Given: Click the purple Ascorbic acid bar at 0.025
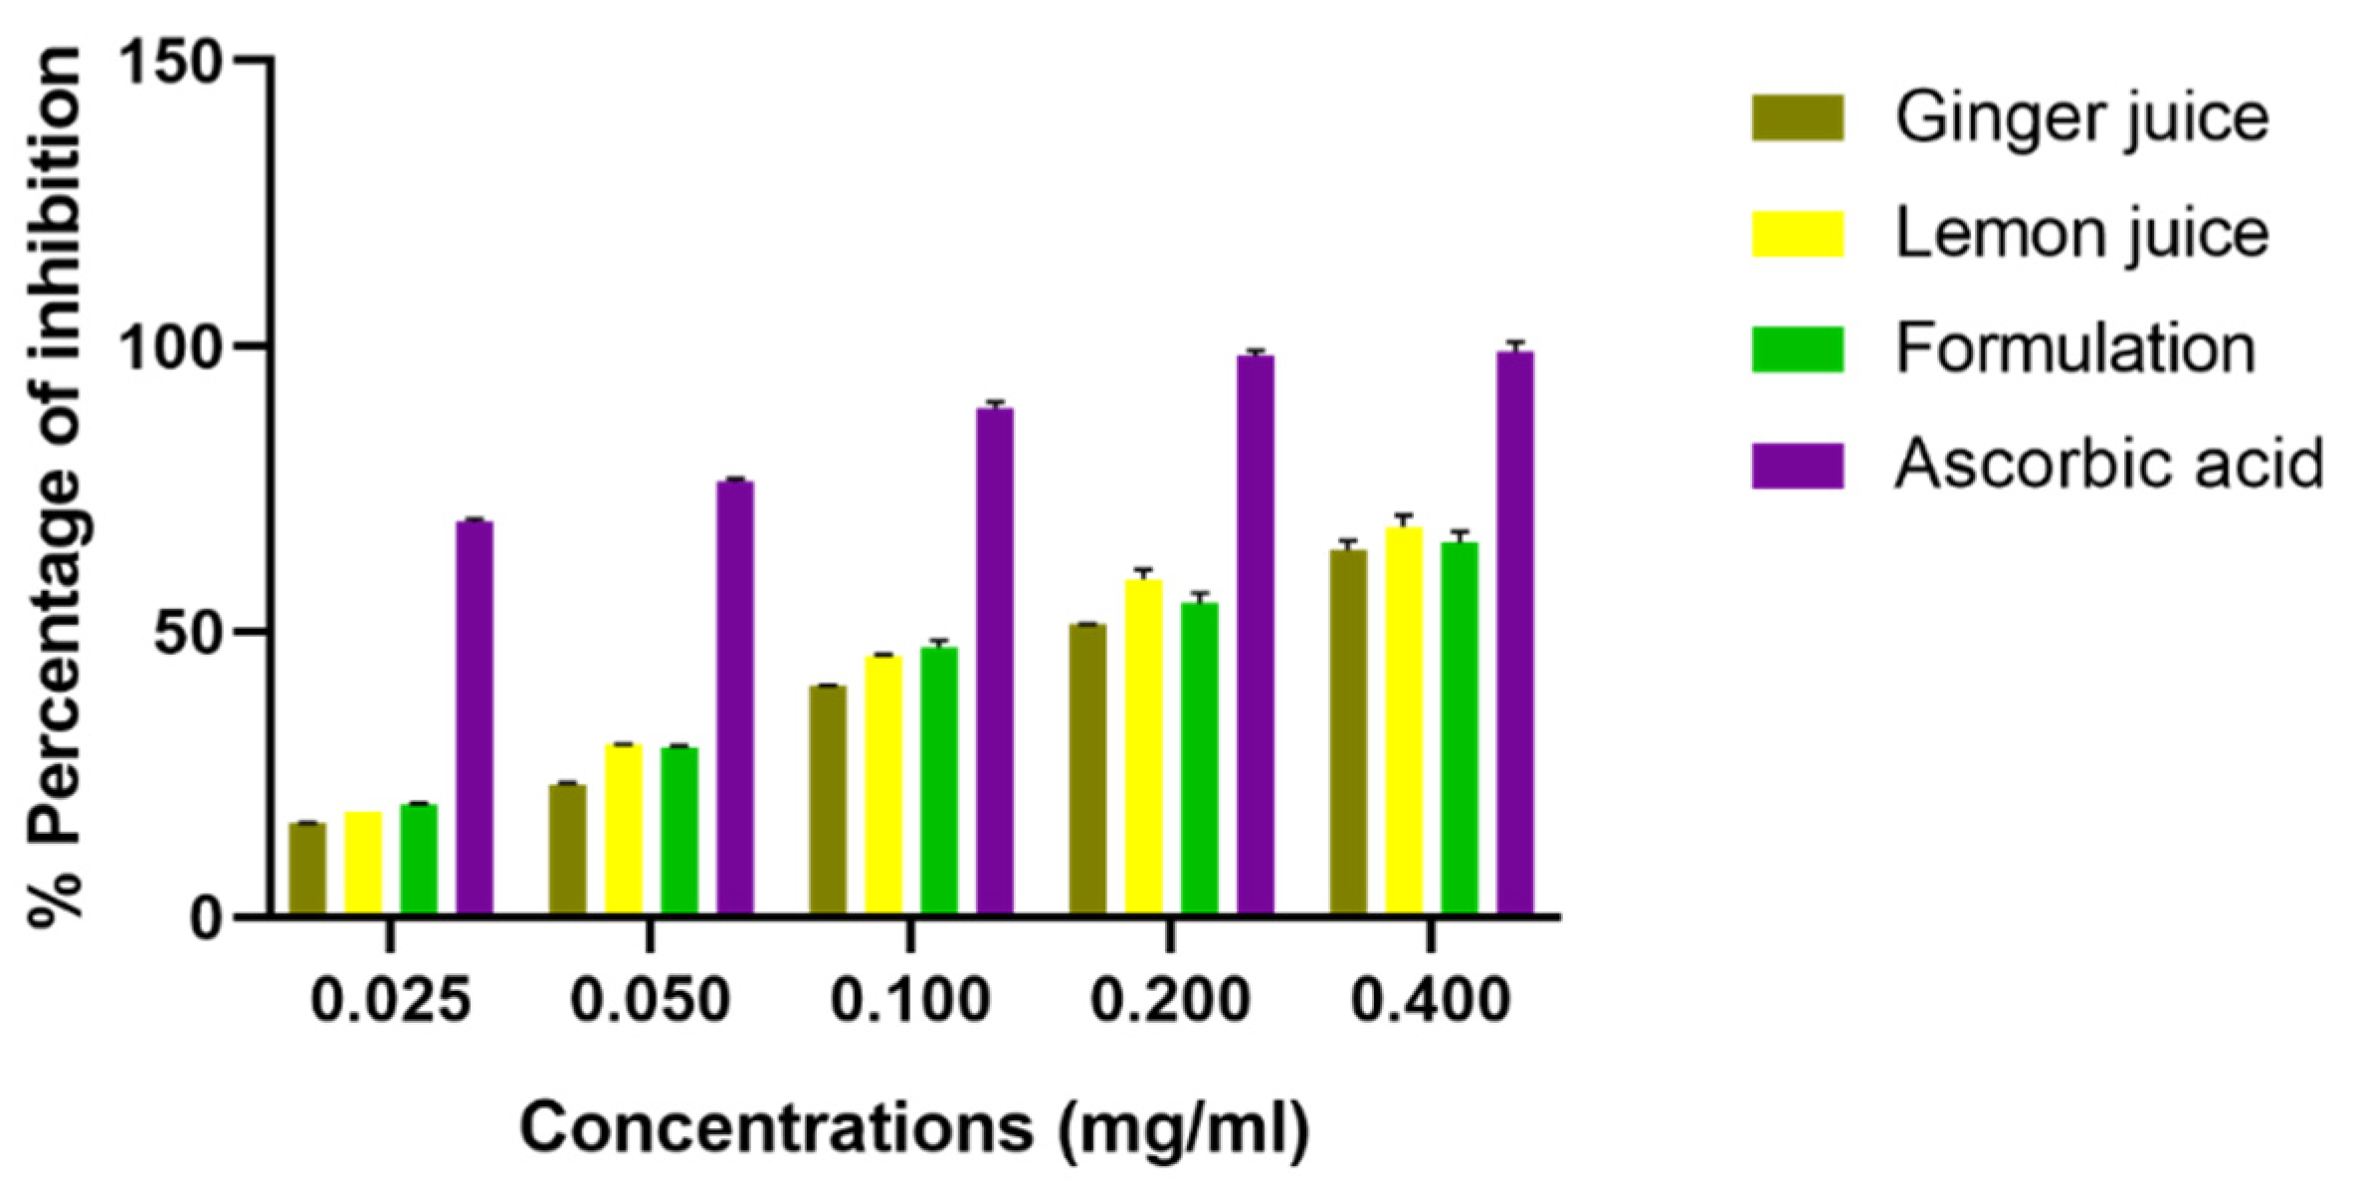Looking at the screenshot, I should (475, 716).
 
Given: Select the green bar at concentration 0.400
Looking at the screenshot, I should (1460, 727).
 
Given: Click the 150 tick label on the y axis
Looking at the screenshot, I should (170, 62).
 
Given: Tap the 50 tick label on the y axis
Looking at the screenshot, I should (188, 633).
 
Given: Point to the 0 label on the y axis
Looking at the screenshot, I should (206, 918).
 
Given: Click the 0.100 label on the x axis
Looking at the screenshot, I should (909, 1000).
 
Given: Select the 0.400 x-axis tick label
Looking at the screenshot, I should (1430, 1000).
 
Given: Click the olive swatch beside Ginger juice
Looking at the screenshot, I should (1797, 118).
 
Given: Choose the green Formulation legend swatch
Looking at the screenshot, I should (1797, 349).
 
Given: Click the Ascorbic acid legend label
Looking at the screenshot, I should (2107, 465).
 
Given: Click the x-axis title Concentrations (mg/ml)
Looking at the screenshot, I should (913, 1129).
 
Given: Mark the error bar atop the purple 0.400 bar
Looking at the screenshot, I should (1515, 345).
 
